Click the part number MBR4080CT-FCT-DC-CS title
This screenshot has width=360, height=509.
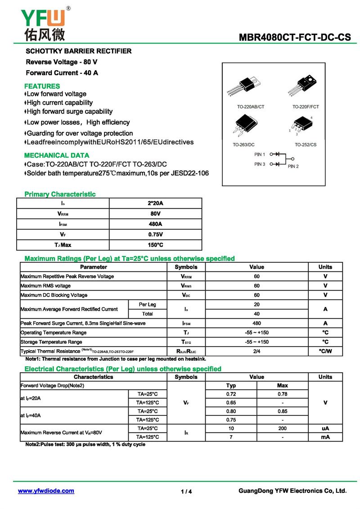point(295,37)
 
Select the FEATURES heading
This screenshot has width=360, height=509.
point(42,86)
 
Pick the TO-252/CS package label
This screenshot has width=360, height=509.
point(306,145)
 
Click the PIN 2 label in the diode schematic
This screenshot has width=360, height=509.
point(293,166)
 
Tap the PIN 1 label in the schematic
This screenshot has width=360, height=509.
point(260,154)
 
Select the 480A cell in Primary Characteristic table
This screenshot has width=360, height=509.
point(155,224)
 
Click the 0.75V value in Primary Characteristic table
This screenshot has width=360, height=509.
point(155,234)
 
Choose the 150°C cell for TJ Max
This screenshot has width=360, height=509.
point(155,245)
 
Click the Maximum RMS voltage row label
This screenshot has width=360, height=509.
point(45,286)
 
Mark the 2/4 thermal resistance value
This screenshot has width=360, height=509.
point(256,351)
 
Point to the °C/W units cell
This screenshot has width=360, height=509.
point(325,351)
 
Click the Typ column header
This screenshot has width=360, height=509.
point(231,386)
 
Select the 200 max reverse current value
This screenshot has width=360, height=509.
point(282,428)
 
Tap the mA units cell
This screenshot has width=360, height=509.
point(325,437)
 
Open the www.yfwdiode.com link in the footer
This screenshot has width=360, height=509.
point(46,491)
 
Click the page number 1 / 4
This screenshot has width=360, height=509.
point(186,491)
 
